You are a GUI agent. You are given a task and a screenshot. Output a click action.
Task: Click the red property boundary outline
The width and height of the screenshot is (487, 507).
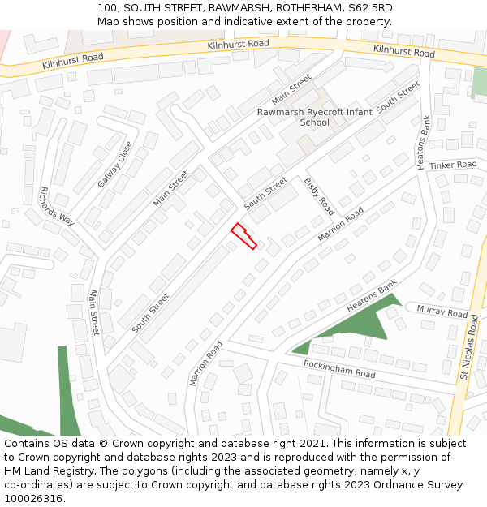pos(244,236)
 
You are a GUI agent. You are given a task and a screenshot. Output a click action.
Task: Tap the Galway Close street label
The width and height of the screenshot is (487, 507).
pos(115,165)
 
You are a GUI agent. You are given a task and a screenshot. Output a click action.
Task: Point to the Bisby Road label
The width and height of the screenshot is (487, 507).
pos(319,195)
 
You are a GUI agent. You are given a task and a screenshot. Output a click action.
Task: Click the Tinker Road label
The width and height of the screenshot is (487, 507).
pos(453,165)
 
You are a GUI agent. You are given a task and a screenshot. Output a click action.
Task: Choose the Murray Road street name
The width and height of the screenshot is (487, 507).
pos(442,312)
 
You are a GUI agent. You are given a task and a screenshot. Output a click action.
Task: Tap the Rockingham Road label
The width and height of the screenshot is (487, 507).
pos(339,369)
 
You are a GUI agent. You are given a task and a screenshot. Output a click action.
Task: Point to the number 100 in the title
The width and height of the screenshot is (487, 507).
pos(106,7)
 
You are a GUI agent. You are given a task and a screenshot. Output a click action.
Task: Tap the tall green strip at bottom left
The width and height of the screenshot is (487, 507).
pos(68,389)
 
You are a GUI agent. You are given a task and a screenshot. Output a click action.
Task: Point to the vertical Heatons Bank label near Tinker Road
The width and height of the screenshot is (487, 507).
pos(423,142)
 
